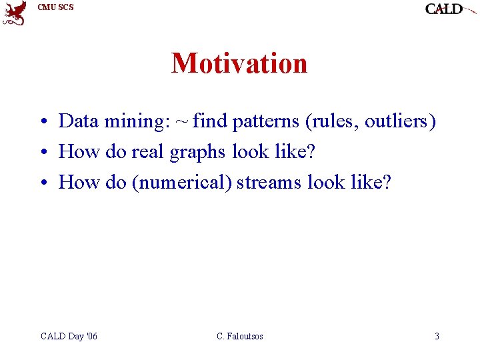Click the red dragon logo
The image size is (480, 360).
pos(14,13)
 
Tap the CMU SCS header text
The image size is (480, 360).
pos(56,7)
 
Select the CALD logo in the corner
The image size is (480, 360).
pos(450,9)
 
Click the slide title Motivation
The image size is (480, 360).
pos(239,63)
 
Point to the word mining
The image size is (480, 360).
pos(137,122)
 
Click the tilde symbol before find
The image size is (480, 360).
pos(181,122)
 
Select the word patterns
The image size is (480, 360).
pos(266,122)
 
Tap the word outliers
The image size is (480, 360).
pos(396,121)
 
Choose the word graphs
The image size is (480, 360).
pos(197,153)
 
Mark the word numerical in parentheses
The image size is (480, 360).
pos(182,182)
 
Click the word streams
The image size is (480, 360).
pos(269,183)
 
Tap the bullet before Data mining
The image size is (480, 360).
pos(45,121)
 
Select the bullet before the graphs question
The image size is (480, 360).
pos(45,151)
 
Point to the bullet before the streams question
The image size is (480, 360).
pos(45,182)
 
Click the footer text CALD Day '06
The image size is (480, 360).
pos(69,336)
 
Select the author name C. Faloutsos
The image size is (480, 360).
pos(240,336)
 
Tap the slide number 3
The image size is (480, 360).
pos(437,336)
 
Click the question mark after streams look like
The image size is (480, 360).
pos(386,182)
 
